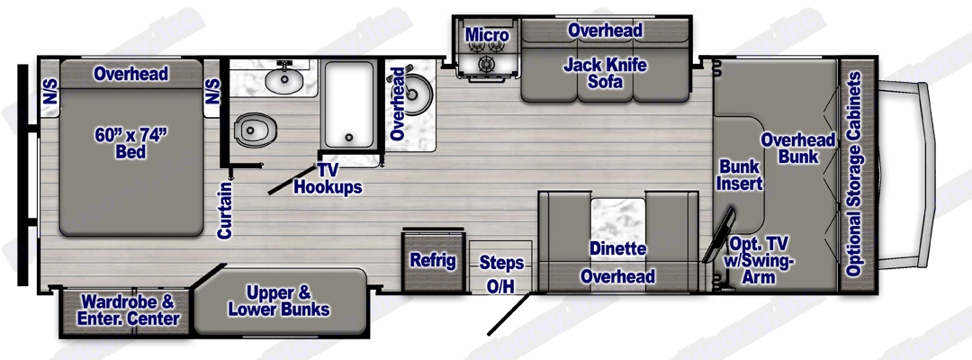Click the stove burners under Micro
pyautogui.click(x=486, y=64)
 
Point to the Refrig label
pyautogui.click(x=433, y=261)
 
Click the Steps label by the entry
pyautogui.click(x=501, y=263)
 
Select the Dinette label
pyautogui.click(x=618, y=248)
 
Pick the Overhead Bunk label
pyautogui.click(x=797, y=148)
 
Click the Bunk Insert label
pyautogui.click(x=741, y=175)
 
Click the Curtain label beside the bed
pyautogui.click(x=225, y=210)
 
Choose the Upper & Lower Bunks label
pyautogui.click(x=278, y=301)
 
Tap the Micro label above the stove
pyautogui.click(x=487, y=36)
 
